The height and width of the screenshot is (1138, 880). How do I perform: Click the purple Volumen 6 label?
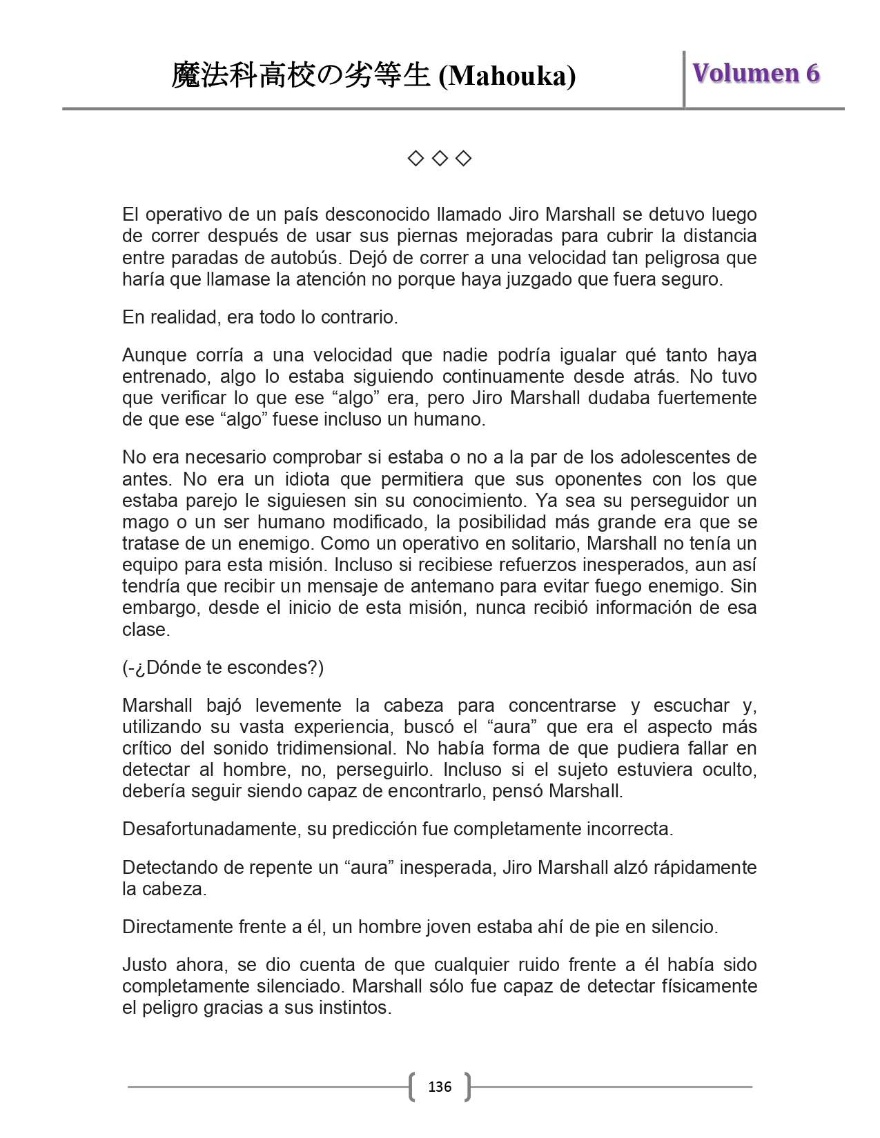(756, 73)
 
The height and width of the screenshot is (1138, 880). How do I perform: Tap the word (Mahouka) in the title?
(507, 76)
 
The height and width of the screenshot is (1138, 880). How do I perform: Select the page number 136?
(440, 1087)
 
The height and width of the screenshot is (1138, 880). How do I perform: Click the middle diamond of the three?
(440, 159)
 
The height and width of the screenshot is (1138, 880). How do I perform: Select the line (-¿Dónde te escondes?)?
(223, 668)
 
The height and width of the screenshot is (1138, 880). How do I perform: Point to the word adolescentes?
(673, 457)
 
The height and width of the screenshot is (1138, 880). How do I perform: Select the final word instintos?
(355, 1008)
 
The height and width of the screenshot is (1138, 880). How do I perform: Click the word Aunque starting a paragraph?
(153, 355)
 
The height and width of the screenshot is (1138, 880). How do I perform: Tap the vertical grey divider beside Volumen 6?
(684, 79)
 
